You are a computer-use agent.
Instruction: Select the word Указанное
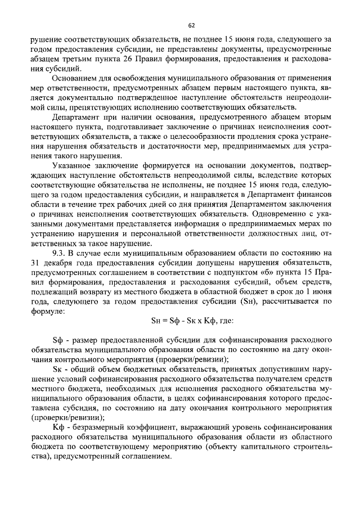(74, 168)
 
